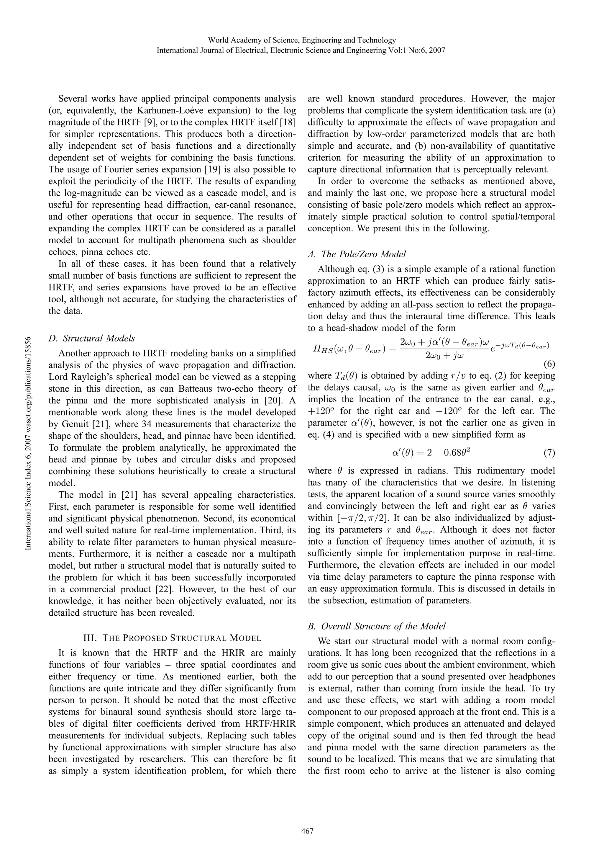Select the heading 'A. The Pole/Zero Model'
coord(357,254)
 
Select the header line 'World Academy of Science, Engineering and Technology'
coord(302,40)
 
